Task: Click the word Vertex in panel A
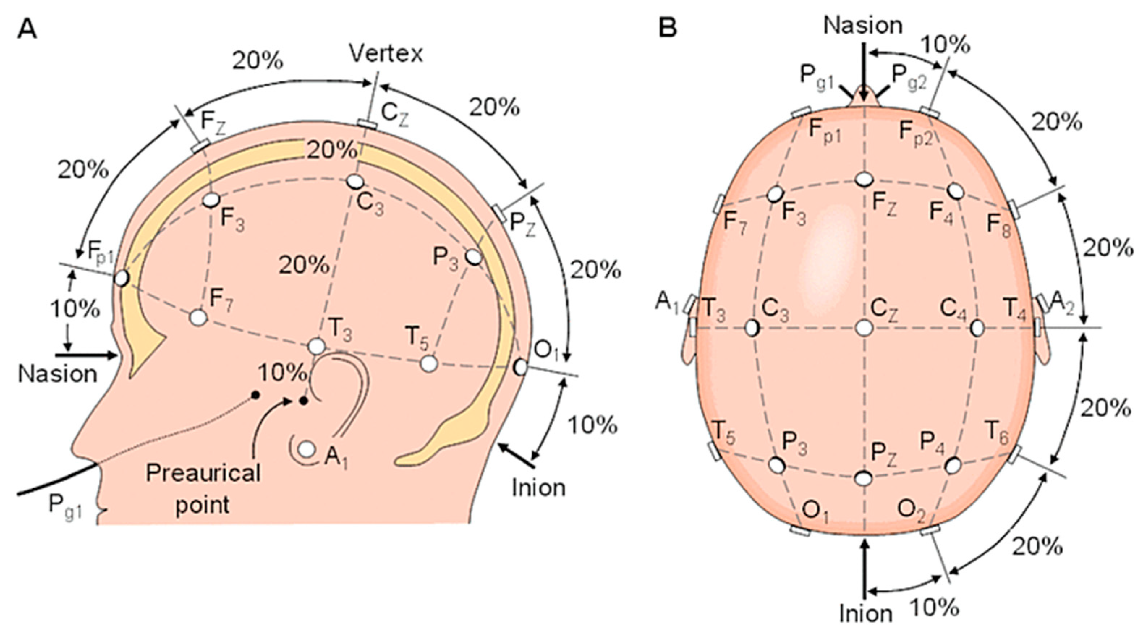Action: point(386,54)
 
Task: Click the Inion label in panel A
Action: point(538,488)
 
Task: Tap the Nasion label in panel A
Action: point(58,374)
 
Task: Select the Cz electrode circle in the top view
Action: point(864,328)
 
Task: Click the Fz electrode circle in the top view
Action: point(864,180)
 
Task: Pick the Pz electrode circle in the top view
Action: point(864,478)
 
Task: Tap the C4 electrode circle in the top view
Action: point(977,328)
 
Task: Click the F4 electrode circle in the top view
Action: point(955,191)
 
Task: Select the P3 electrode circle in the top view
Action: point(777,465)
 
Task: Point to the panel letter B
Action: point(667,28)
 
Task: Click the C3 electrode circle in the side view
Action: point(355,181)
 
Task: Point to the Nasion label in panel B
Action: point(863,25)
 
